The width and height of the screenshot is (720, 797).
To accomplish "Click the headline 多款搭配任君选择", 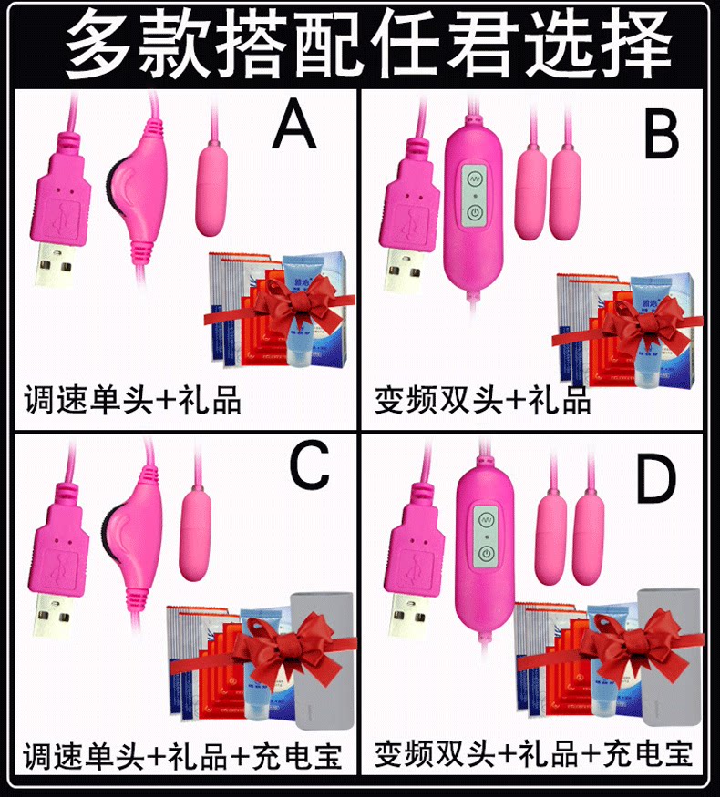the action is pyautogui.click(x=360, y=43).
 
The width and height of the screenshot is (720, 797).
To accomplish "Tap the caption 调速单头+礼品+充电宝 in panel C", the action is pyautogui.click(x=182, y=756).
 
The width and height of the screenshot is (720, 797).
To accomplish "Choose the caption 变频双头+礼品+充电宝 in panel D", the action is pyautogui.click(x=533, y=754).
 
